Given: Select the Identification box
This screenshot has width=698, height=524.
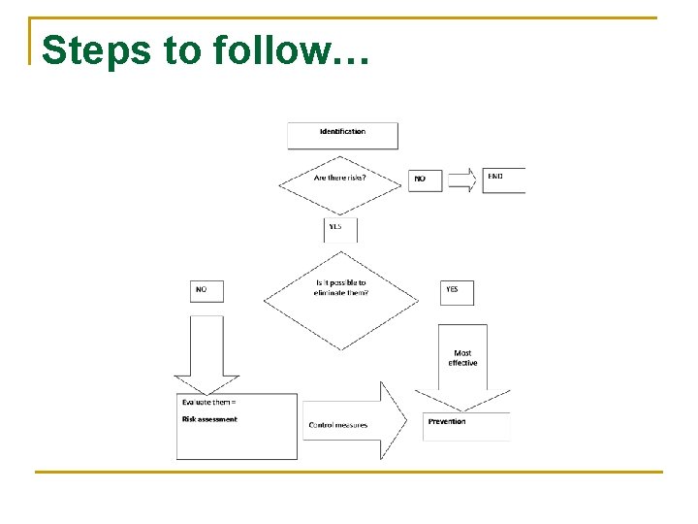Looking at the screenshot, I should (x=342, y=134).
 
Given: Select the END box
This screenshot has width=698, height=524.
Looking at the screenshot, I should (x=503, y=180).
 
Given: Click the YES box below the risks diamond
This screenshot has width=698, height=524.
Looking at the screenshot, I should (x=340, y=229).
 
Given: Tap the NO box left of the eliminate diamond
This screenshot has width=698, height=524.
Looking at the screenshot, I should (x=206, y=290).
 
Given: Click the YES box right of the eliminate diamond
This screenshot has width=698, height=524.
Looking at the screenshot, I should (x=457, y=291).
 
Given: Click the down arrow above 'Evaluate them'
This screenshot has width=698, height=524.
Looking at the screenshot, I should (x=206, y=354).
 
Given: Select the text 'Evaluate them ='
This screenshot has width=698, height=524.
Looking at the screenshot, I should (x=208, y=402).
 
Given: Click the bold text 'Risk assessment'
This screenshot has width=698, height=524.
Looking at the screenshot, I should (x=209, y=419).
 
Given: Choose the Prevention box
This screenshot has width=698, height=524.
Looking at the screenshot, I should (x=465, y=425).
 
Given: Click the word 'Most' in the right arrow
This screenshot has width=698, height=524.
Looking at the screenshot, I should (x=463, y=353).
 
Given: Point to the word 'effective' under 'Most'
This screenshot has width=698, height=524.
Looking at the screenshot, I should (x=462, y=363).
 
